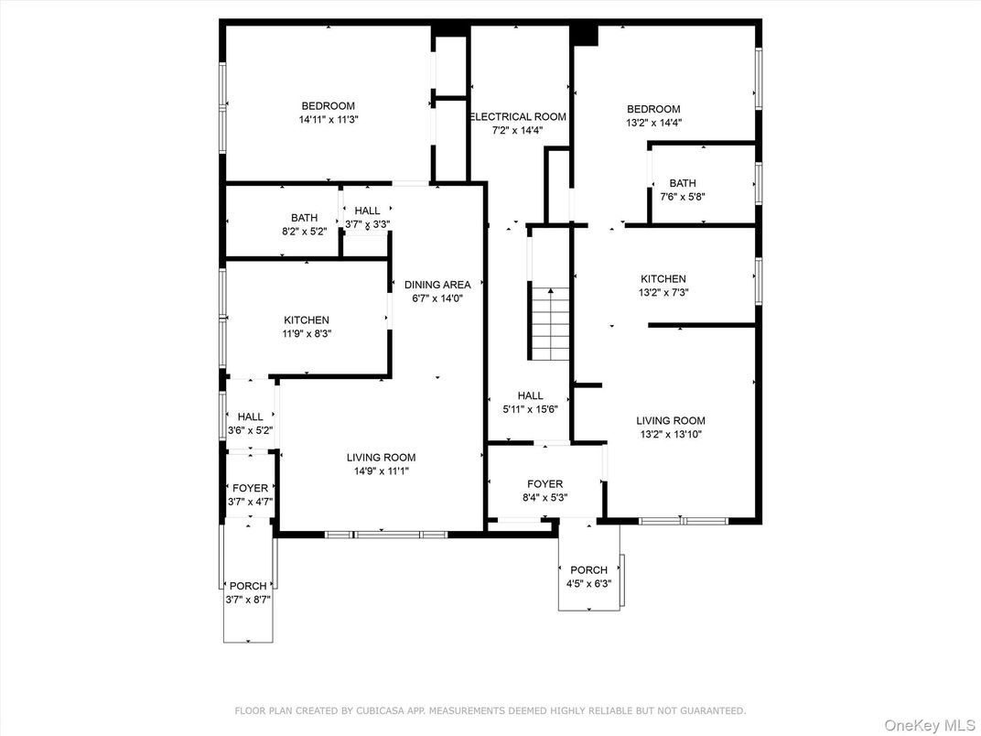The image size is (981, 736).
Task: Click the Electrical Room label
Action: pos(518,116)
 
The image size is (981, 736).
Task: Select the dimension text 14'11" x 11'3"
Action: pos(328,120)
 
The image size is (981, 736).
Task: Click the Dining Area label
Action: pos(437,285)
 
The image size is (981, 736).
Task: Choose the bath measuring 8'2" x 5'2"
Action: pos(305,224)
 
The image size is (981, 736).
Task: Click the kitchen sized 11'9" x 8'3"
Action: pos(307,327)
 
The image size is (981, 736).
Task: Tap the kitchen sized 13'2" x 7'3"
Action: pos(663,286)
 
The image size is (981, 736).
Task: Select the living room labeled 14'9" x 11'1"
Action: pos(381,464)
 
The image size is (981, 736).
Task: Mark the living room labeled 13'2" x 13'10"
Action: pos(671,428)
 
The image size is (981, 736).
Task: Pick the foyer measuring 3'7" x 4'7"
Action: pos(250,495)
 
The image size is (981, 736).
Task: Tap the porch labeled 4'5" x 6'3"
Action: pos(588,577)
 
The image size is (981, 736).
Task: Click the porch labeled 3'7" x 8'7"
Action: pos(248,592)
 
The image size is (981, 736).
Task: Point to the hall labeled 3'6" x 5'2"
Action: pos(250,423)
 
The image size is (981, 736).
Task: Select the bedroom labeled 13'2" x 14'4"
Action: pos(653,115)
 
